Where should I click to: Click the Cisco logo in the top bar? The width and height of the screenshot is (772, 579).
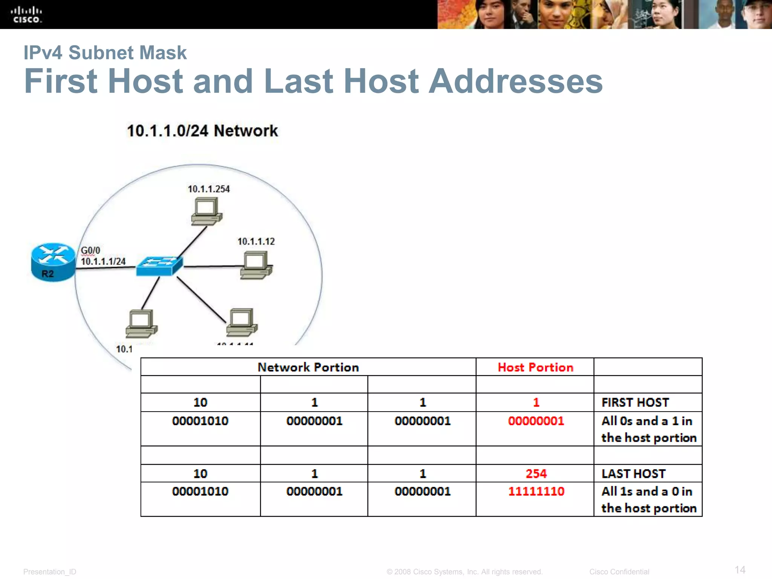(x=26, y=15)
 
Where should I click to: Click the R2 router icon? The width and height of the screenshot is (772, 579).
(x=53, y=262)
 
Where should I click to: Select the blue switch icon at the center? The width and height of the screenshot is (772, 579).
(x=159, y=266)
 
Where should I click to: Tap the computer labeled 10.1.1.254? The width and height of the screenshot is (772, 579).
(x=206, y=212)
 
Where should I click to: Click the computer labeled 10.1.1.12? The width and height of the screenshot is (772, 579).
(x=256, y=265)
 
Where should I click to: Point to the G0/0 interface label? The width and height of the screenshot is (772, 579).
(x=90, y=250)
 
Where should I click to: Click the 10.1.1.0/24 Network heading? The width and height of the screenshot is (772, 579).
(x=202, y=131)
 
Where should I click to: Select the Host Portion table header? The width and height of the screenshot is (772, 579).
(x=535, y=367)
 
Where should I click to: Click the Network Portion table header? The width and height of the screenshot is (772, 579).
(x=308, y=367)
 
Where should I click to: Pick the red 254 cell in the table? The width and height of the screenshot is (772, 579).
(x=536, y=473)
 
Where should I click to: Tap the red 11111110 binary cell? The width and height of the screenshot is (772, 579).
(x=536, y=491)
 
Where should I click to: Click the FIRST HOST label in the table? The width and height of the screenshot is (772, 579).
(x=635, y=403)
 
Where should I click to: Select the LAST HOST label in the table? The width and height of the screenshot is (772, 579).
(x=633, y=473)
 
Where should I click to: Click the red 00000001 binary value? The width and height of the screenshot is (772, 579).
(x=536, y=421)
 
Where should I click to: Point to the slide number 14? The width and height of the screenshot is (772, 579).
(x=740, y=570)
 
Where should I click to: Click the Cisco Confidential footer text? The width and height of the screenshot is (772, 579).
(x=619, y=572)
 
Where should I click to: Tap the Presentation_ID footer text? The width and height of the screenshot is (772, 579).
(x=50, y=572)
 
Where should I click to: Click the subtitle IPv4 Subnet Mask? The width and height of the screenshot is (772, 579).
(x=105, y=53)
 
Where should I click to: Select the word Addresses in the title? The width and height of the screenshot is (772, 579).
(x=516, y=81)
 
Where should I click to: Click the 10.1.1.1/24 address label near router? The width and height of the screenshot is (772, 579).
(x=103, y=261)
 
